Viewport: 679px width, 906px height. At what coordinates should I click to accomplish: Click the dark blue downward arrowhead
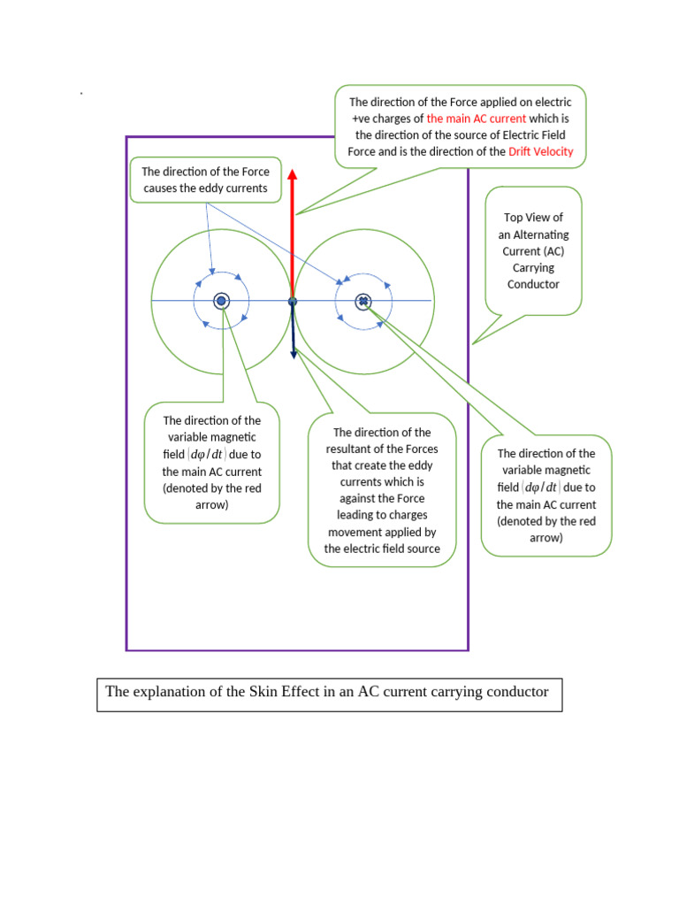[294, 354]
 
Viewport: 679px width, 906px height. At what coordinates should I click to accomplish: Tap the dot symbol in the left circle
[221, 301]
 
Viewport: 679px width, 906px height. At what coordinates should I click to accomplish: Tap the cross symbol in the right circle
[363, 301]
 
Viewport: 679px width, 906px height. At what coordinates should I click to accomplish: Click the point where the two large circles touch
[293, 301]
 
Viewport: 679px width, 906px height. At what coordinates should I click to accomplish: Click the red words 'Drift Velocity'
[540, 151]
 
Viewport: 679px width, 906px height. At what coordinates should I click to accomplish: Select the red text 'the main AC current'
[477, 119]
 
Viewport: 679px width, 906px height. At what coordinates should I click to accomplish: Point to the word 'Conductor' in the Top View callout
[533, 284]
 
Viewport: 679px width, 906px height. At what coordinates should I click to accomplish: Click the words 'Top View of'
[533, 218]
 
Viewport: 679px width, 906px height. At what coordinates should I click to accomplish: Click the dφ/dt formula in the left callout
[206, 454]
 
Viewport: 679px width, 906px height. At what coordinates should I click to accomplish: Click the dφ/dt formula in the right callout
[541, 488]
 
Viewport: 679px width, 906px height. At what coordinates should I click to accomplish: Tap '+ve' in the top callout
[361, 119]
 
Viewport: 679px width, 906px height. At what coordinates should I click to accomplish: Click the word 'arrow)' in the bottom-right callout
[546, 538]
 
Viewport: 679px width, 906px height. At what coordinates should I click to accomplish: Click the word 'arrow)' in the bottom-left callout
[212, 505]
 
